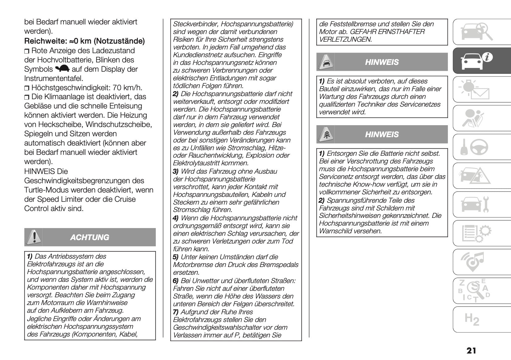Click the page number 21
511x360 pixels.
[x=471, y=350]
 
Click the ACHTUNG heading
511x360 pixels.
[x=90, y=237]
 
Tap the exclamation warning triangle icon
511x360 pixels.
[x=33, y=237]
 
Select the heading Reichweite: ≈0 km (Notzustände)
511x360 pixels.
[x=84, y=41]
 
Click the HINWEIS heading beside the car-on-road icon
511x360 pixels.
[x=382, y=62]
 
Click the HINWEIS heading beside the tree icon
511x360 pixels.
[x=382, y=134]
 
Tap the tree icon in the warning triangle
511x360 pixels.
[x=326, y=134]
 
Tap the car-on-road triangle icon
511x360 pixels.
[x=326, y=62]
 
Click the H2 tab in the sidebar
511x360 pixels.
[x=472, y=319]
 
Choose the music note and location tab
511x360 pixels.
[x=472, y=261]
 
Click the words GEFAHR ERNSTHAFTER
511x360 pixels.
[x=387, y=32]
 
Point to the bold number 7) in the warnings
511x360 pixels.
[x=176, y=312]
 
